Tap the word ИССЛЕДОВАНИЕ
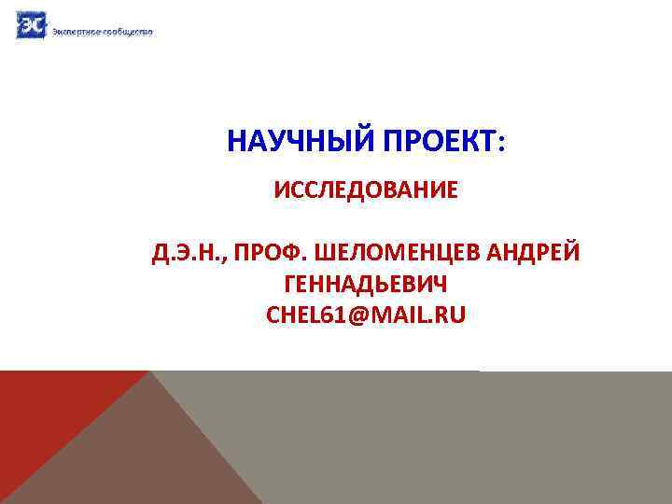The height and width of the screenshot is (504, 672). (366, 190)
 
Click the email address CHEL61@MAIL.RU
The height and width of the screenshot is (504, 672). (365, 317)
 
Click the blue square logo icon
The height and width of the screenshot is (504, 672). (30, 25)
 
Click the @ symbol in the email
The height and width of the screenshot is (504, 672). (359, 317)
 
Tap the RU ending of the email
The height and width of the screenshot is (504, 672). (447, 317)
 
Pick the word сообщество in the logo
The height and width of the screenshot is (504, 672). (127, 32)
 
